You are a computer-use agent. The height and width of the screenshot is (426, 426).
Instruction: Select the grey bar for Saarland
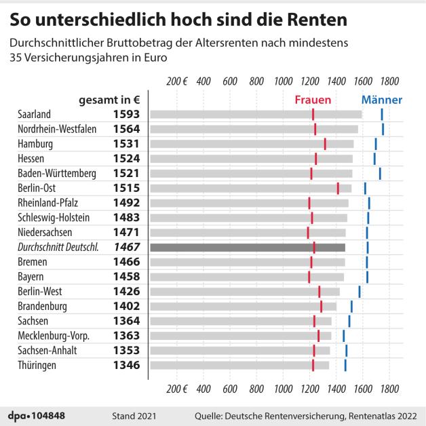coord(255,114)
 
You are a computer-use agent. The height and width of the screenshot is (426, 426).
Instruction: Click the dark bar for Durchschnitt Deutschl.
coord(247,248)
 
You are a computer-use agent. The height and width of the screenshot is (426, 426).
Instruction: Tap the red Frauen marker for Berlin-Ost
coord(338,188)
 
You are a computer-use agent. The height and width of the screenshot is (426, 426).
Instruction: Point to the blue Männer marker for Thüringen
coord(345,366)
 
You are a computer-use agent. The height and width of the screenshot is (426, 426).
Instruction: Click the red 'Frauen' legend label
coord(312,99)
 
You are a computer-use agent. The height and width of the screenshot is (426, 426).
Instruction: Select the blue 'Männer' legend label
coord(381,99)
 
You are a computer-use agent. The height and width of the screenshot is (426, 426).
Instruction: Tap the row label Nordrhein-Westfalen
coord(56,129)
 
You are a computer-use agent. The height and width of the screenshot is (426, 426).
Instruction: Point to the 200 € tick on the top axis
coord(176,82)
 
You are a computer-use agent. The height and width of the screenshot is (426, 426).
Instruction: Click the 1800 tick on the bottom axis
coord(389,389)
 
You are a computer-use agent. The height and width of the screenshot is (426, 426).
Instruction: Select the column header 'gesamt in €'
coord(109,99)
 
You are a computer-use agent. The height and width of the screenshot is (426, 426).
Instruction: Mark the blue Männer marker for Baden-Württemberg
coord(380,173)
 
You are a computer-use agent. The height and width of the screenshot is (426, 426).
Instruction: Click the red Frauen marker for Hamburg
coord(325,144)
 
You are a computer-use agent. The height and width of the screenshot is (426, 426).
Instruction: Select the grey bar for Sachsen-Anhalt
coord(239,351)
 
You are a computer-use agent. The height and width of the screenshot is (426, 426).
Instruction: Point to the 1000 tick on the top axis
coord(283,82)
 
